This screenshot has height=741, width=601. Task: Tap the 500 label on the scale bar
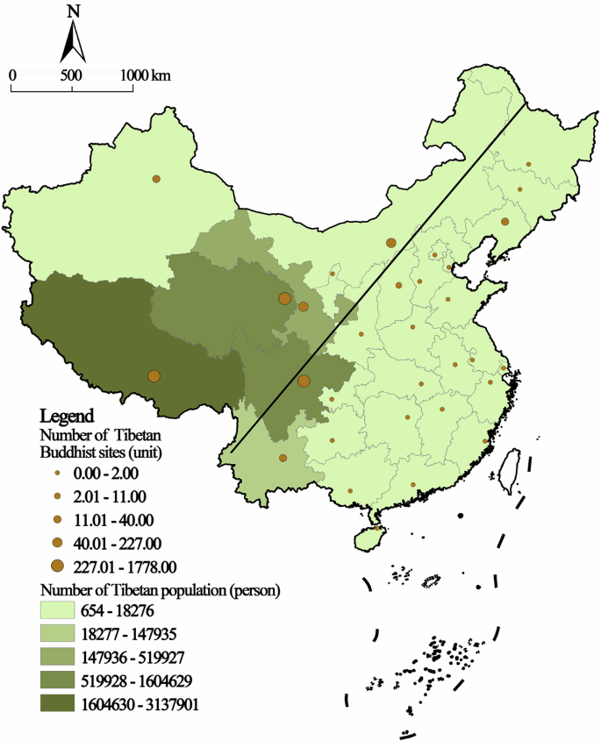[x=72, y=75]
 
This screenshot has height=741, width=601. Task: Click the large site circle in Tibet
[x=154, y=376]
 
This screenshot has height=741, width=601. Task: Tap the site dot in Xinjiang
[x=156, y=178]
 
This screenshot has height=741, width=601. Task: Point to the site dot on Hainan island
[x=377, y=528]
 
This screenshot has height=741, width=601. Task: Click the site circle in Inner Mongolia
[x=390, y=243]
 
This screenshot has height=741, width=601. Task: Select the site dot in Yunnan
[x=283, y=458]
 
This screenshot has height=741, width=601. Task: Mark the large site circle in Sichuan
[x=304, y=381]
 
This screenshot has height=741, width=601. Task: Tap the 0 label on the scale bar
[x=12, y=75]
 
